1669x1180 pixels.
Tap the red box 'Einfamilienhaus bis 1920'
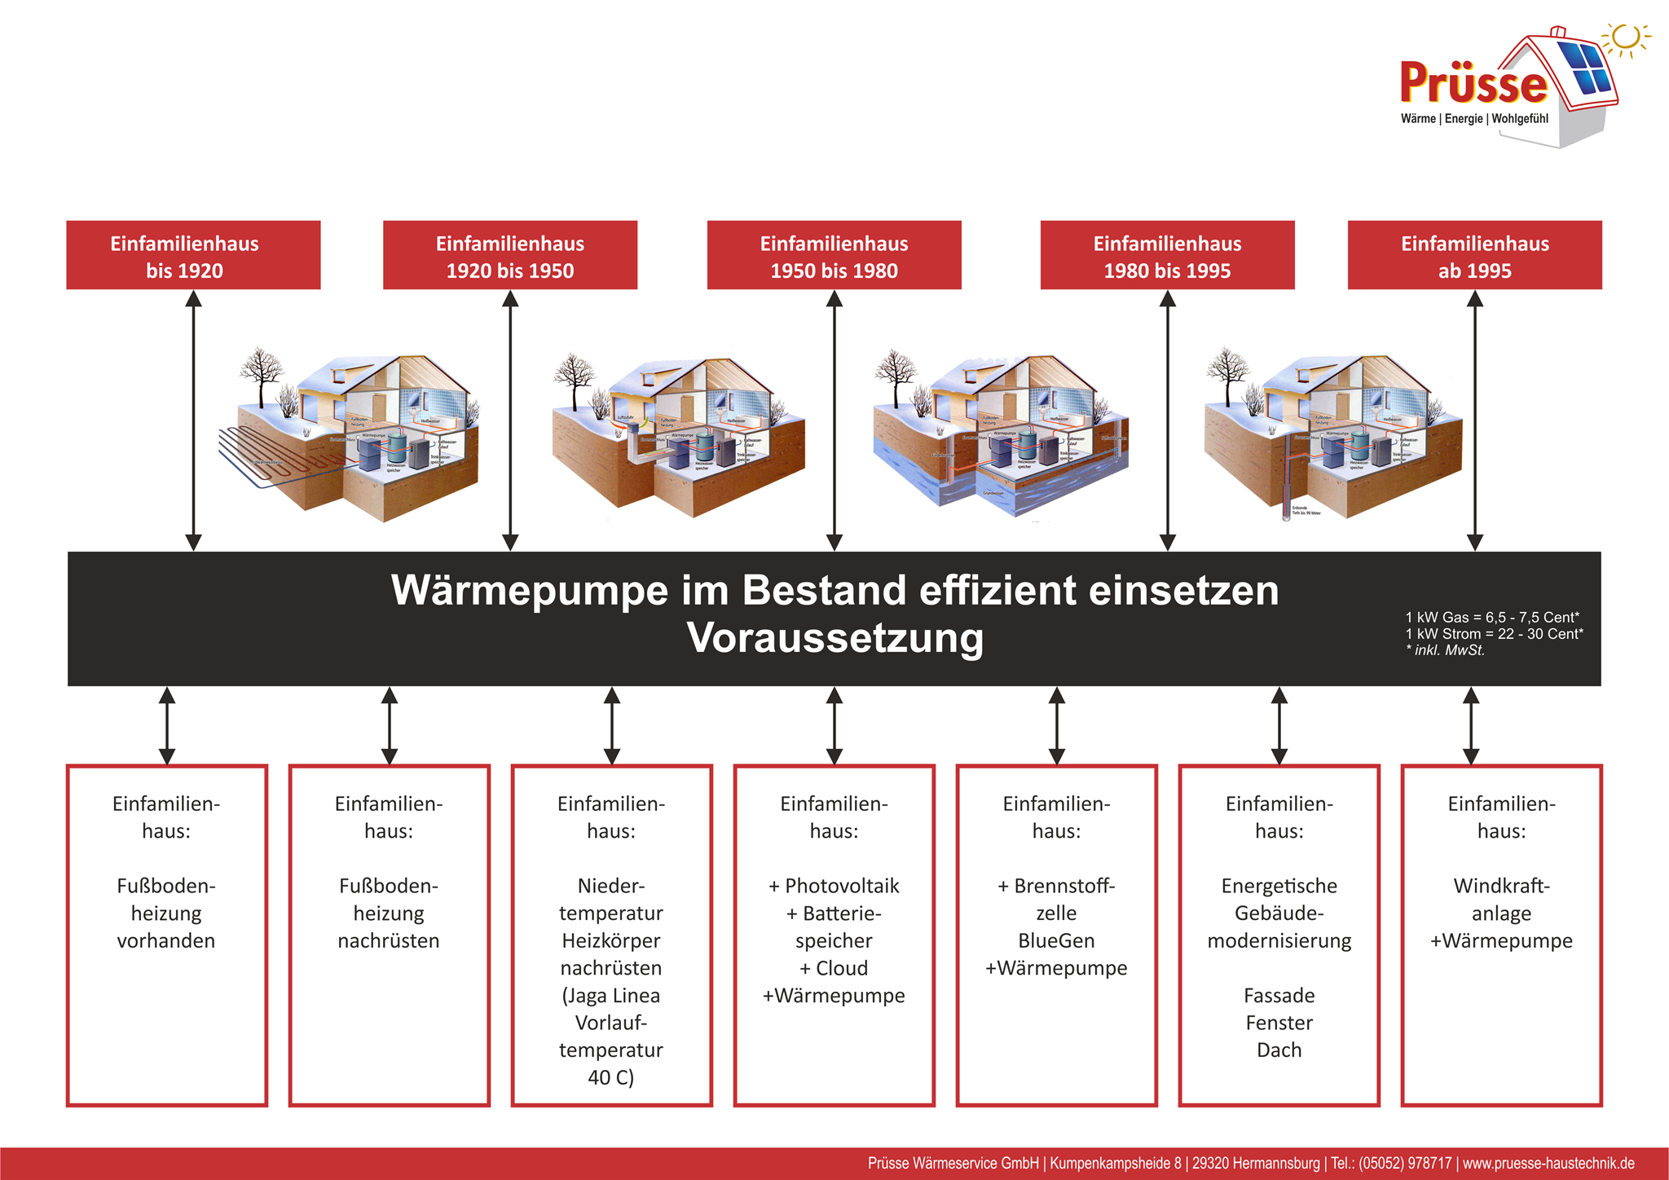[x=193, y=255]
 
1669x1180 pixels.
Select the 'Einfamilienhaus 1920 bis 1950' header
[x=510, y=255]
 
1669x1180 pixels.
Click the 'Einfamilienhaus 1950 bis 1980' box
[x=834, y=255]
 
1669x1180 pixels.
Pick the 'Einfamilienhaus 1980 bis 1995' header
[x=1167, y=255]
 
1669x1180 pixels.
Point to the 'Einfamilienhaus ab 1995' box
[x=1474, y=255]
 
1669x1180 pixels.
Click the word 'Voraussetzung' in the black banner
[x=834, y=638]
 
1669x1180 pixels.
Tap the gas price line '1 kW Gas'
[x=1492, y=617]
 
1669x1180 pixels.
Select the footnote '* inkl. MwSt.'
[x=1445, y=650]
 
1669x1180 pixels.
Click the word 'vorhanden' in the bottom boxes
[x=166, y=940]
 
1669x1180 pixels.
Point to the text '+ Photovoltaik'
[x=834, y=886]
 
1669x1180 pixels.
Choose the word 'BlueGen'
[x=1056, y=940]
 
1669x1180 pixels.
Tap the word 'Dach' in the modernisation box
[x=1279, y=1050]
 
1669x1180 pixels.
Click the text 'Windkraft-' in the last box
[x=1501, y=886]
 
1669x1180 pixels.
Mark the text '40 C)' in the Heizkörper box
[x=610, y=1077]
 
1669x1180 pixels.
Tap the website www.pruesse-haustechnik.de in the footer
[x=1548, y=1163]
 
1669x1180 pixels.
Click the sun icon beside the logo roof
[x=1626, y=37]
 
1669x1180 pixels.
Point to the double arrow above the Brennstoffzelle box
[x=1056, y=725]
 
